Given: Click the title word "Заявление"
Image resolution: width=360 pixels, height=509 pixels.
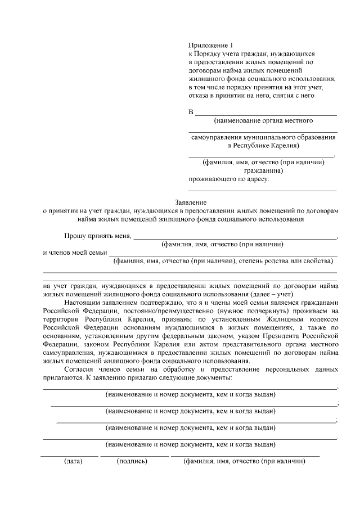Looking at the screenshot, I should click(x=192, y=202).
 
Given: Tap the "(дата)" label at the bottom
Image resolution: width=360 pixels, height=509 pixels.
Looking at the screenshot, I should click(x=72, y=462).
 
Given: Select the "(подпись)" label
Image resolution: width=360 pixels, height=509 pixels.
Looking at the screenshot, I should click(x=132, y=462).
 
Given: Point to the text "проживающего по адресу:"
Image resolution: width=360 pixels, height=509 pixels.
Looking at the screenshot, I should click(x=229, y=179).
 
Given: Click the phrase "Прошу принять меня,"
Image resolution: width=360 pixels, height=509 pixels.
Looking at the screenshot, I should click(x=97, y=236).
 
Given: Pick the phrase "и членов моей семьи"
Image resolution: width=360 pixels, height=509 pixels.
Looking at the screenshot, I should click(x=75, y=253).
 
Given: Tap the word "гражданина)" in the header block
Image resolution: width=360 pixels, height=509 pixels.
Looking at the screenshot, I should click(x=263, y=170).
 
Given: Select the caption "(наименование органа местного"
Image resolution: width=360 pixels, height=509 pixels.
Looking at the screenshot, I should click(x=263, y=120).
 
